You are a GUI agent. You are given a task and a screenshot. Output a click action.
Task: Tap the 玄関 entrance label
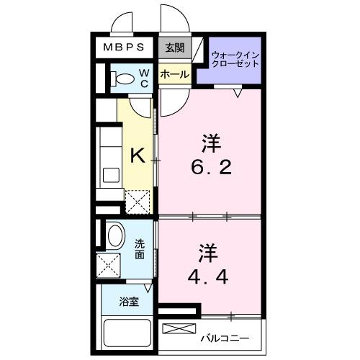pos(174,48)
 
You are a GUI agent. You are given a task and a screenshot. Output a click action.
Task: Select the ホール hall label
pos(174,74)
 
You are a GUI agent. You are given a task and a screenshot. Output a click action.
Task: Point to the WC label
pos(143,77)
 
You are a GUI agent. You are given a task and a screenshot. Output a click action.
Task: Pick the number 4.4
pos(210,276)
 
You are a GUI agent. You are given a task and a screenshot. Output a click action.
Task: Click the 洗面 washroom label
pos(139,249)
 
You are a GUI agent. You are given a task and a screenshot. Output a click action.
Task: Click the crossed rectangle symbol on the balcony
pos(179,329)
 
